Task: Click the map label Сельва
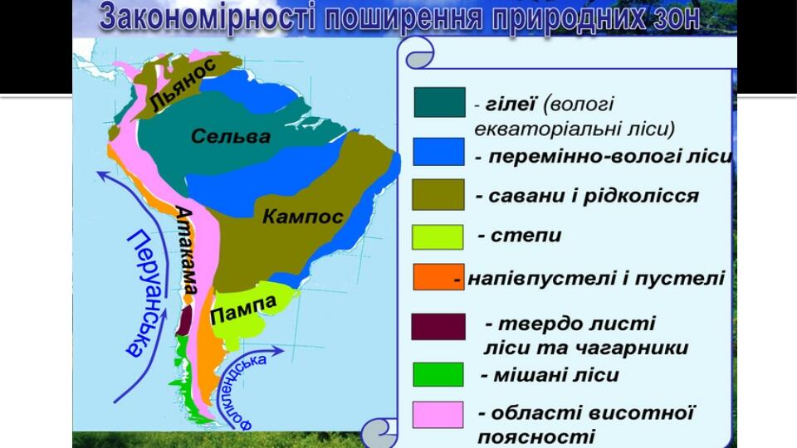[231, 137]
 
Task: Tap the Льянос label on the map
[183, 85]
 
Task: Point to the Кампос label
[303, 217]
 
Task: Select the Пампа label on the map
[243, 309]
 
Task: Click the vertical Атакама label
[185, 250]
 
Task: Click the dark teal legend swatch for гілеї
[440, 102]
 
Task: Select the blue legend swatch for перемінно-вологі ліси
[438, 151]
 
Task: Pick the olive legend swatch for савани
[438, 194]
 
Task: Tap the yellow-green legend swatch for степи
[438, 237]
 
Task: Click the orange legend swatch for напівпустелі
[438, 277]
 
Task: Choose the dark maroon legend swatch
[438, 326]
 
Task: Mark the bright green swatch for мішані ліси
[438, 374]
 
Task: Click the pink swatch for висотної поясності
[438, 415]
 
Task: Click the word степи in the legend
[526, 236]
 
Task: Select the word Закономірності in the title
[208, 17]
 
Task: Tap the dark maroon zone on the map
[184, 319]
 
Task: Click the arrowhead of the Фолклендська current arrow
[278, 350]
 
